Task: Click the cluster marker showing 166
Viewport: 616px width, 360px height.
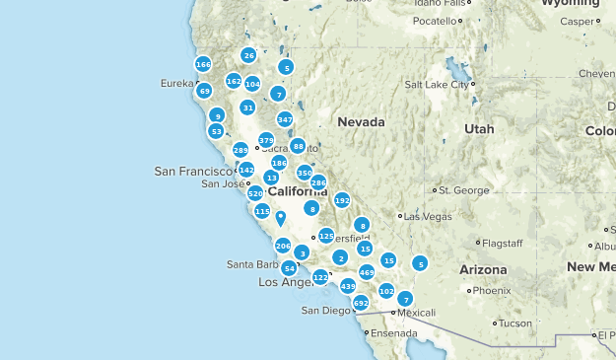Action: tap(203, 64)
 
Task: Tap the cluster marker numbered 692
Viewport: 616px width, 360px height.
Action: tap(361, 303)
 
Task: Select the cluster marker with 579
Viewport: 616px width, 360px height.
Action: tap(266, 140)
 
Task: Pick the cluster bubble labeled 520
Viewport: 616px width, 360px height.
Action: tap(255, 194)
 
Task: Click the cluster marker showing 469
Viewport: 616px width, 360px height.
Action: tap(367, 272)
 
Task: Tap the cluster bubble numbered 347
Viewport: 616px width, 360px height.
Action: tap(285, 119)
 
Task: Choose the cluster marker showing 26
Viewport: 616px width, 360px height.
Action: tap(249, 56)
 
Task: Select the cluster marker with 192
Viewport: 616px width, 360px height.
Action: tap(342, 200)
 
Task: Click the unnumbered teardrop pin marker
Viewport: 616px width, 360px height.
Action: tap(280, 218)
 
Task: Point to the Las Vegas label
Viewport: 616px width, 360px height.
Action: tap(427, 216)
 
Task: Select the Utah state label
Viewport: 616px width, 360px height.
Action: tap(479, 129)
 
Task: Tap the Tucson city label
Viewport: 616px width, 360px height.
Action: tap(514, 324)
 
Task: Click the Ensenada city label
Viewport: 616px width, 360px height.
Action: tap(391, 332)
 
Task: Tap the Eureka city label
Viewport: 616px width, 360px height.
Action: tap(176, 84)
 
